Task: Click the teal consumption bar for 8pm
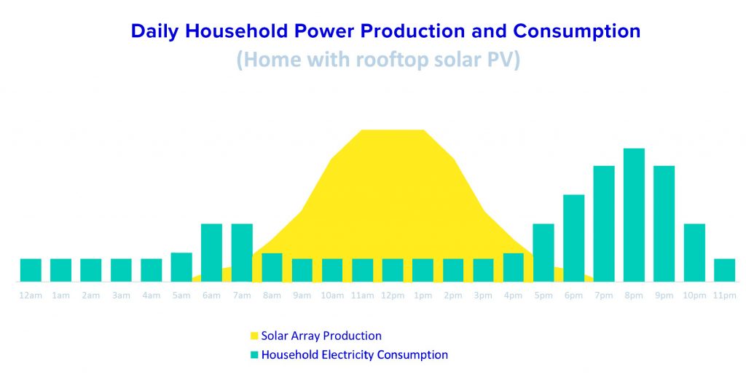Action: (x=634, y=215)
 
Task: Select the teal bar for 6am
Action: (x=212, y=253)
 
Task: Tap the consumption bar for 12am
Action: (x=31, y=270)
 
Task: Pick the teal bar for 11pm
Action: (x=724, y=270)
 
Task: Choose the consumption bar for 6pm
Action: (x=574, y=238)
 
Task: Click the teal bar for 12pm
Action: (x=393, y=270)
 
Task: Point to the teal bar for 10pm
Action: (x=694, y=253)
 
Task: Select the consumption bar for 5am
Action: (x=181, y=267)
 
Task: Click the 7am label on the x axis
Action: (x=242, y=296)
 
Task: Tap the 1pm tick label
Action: (x=423, y=296)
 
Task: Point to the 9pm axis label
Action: (x=664, y=296)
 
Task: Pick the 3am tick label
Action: (x=121, y=296)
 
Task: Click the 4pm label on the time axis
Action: (x=513, y=296)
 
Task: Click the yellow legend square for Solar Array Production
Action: (x=254, y=336)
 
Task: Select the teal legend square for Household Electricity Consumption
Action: (x=254, y=355)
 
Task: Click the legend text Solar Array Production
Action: (x=321, y=336)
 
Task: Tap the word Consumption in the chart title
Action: (x=577, y=31)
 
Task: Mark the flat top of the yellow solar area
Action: (x=393, y=130)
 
